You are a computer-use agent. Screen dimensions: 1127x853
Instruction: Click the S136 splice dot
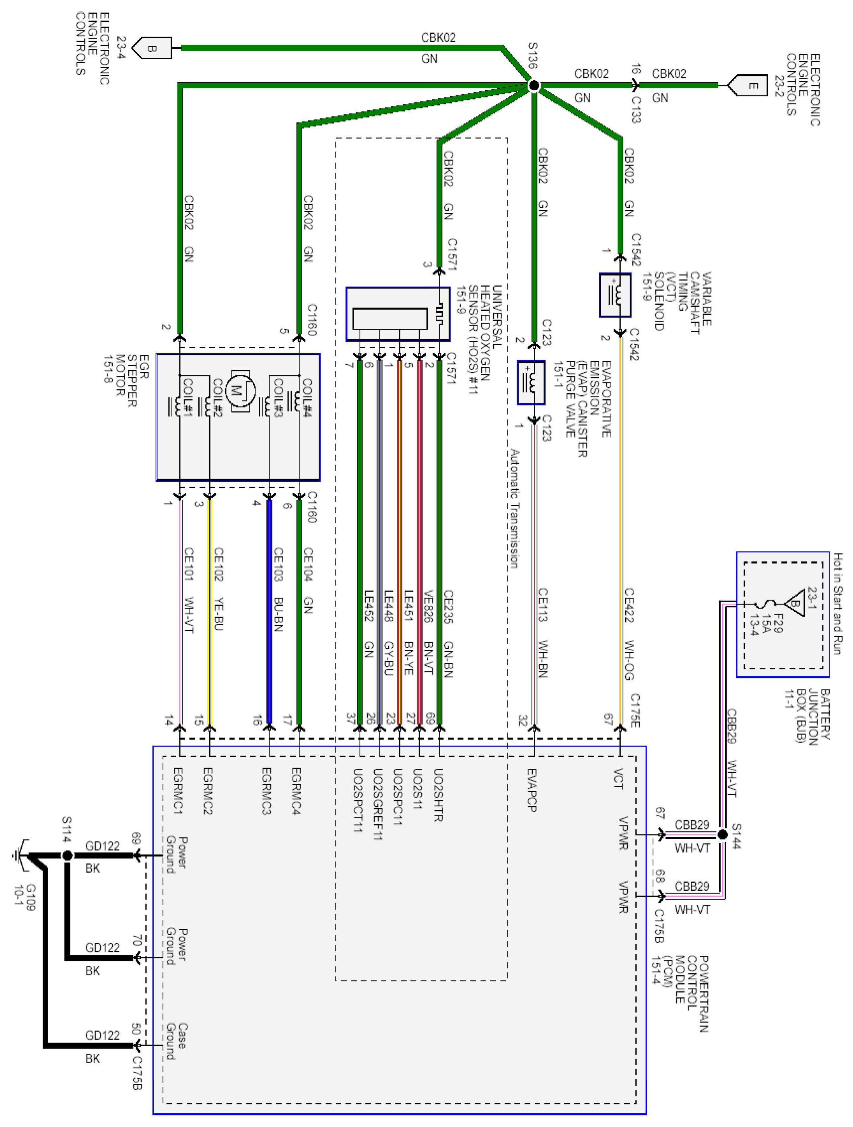tap(534, 86)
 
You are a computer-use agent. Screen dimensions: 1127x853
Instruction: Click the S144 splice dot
tap(722, 834)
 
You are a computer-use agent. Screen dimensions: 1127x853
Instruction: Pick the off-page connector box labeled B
tap(152, 48)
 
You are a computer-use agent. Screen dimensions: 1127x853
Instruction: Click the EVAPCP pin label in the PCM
tap(532, 790)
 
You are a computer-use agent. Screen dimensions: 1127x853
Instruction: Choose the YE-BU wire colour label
tap(217, 613)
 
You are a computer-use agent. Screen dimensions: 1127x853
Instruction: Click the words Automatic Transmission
tap(514, 509)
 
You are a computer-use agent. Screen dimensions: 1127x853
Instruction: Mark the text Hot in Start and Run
tap(837, 603)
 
